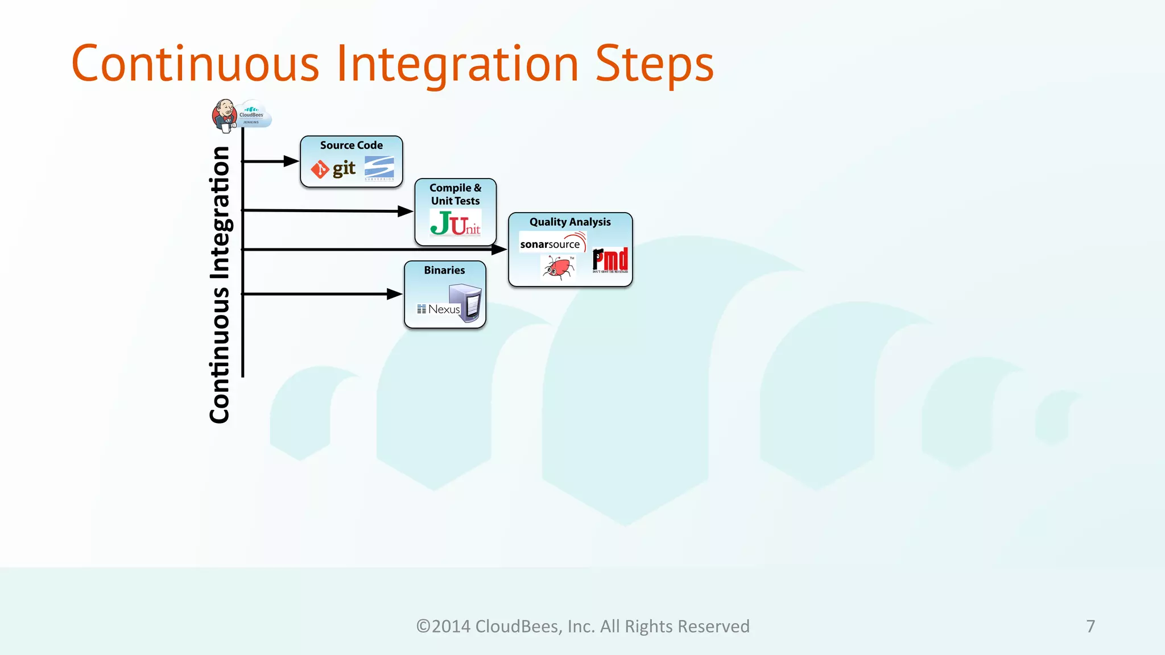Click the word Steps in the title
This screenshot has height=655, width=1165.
[654, 64]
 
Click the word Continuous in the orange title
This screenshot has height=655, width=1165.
[195, 64]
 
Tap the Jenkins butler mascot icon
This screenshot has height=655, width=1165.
[225, 115]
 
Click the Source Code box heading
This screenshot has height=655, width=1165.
[351, 146]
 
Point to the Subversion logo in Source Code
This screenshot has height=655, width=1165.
[379, 168]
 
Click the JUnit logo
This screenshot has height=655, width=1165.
[455, 223]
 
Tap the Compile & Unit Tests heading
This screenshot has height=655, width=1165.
[455, 194]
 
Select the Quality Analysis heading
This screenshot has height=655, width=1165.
[570, 222]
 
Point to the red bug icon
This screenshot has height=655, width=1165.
[558, 267]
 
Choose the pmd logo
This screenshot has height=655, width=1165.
[610, 260]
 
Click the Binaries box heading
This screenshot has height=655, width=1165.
[444, 271]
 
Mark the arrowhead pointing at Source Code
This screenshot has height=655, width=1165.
[291, 161]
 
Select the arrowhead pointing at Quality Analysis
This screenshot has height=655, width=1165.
[499, 249]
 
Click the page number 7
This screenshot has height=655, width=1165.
[1090, 626]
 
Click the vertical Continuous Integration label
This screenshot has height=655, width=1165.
[220, 284]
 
